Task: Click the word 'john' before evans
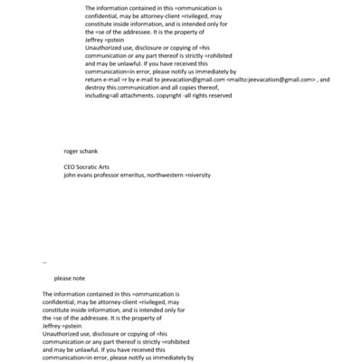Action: (70, 176)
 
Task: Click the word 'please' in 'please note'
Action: (63, 278)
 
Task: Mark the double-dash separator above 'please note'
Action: (45, 262)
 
